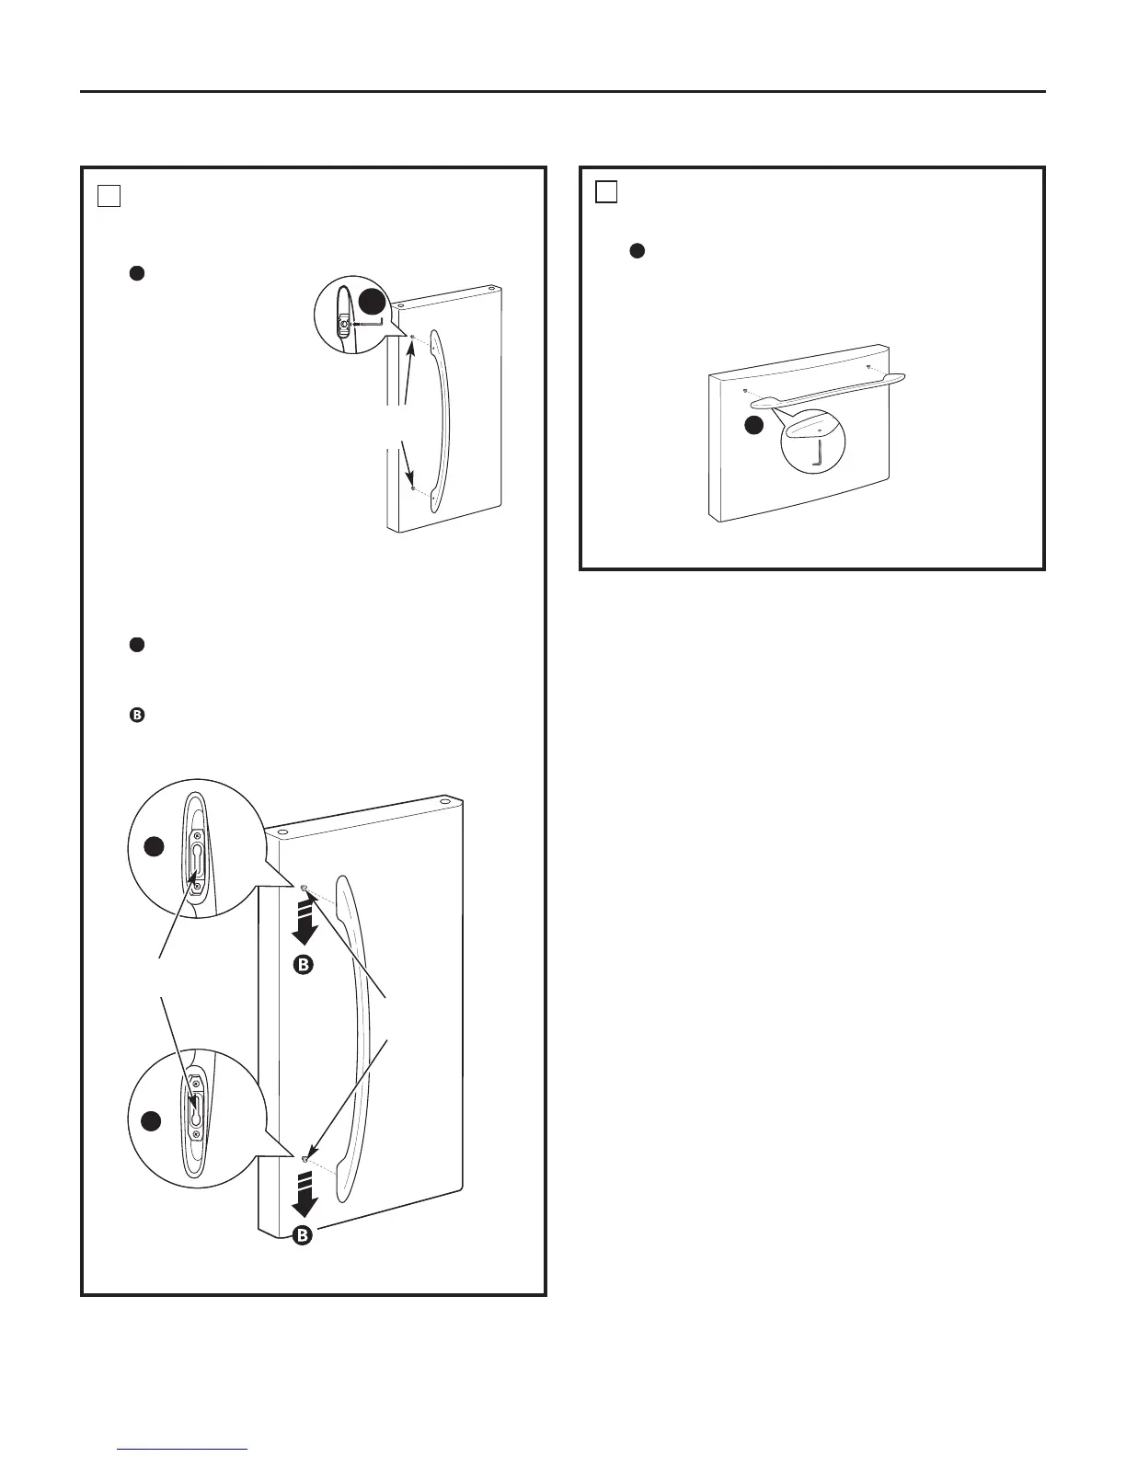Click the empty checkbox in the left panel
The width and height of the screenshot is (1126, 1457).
[x=109, y=195]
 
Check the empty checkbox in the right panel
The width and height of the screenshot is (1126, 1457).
[x=605, y=191]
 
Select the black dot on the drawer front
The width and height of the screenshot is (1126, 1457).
[x=753, y=425]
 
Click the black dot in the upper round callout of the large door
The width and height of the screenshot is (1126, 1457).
[x=155, y=847]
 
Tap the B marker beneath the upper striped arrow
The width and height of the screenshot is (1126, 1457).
[x=304, y=965]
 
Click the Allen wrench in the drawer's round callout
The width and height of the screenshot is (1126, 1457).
[x=819, y=453]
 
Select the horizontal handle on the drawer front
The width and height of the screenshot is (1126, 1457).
[x=828, y=388]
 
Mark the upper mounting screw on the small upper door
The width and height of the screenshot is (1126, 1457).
[x=413, y=337]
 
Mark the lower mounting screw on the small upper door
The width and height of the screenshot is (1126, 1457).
[x=414, y=488]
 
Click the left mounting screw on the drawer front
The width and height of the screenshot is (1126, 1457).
[x=744, y=390]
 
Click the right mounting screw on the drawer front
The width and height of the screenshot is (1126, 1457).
[x=867, y=366]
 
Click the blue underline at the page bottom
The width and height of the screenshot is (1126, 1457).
[x=183, y=1450]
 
